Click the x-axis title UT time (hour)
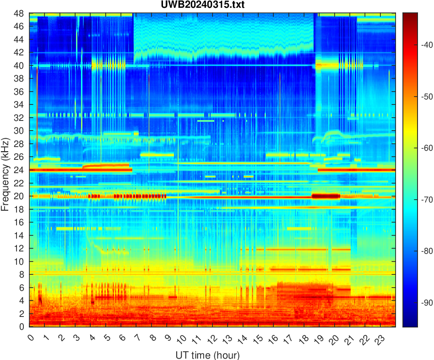207,355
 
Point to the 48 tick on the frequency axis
20,13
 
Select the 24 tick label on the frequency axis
20,170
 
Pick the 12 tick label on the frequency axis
20,248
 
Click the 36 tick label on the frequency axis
20,92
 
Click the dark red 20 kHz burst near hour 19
325,196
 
